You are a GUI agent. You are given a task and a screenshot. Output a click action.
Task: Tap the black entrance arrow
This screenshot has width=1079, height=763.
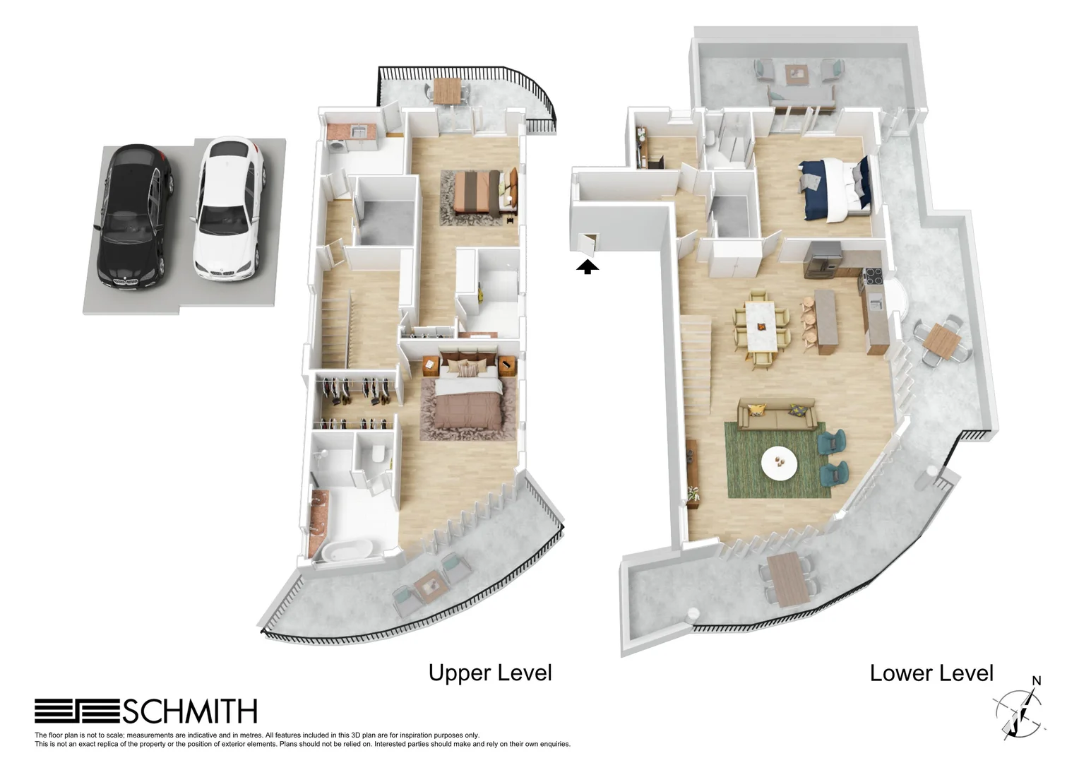588,266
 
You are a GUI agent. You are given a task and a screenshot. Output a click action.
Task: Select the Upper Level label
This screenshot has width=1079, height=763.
490,673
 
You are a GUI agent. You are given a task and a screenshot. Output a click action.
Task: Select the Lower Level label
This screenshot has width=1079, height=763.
931,673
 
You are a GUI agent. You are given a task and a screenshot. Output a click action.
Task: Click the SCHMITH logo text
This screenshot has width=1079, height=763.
189,711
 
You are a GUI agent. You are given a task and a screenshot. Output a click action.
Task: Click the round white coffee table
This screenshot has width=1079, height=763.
779,463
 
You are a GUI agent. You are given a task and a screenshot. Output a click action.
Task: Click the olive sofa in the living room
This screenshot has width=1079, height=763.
777,415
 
